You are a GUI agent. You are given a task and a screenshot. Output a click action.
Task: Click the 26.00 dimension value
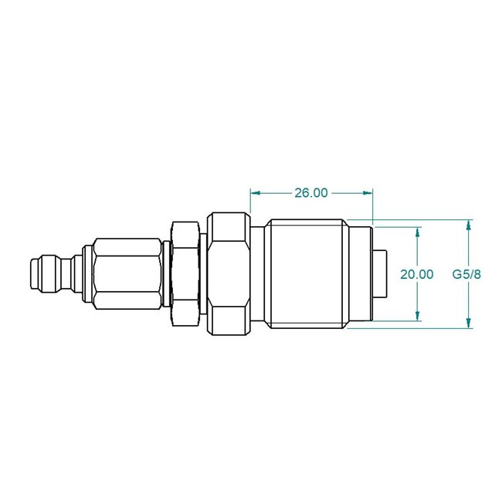tap(311, 193)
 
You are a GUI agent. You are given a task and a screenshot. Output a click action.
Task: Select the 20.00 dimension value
tap(417, 273)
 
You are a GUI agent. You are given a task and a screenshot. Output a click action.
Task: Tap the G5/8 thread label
tap(467, 273)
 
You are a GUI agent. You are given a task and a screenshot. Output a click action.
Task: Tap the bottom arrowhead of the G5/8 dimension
tap(468, 324)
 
